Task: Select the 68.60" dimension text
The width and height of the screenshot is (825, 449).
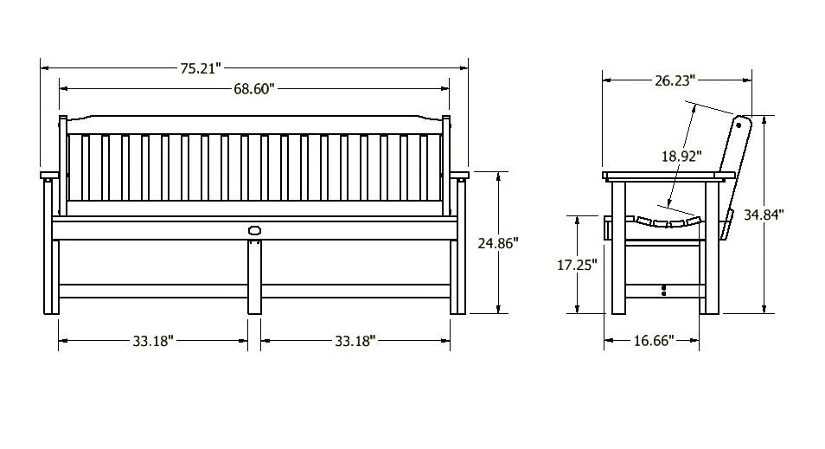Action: click(253, 89)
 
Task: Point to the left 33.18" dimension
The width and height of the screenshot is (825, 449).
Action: click(153, 341)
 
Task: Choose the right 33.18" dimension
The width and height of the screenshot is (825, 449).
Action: click(355, 341)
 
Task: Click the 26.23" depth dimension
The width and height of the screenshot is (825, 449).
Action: click(673, 80)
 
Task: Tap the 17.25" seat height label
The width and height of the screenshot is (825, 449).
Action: click(576, 266)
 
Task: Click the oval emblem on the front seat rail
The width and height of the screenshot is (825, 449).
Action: click(254, 230)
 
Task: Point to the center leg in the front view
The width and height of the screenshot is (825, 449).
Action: click(254, 277)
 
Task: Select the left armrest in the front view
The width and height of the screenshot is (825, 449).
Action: click(50, 176)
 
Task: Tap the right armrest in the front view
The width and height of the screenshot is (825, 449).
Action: click(458, 176)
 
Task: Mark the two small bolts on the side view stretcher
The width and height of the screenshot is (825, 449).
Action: click(663, 290)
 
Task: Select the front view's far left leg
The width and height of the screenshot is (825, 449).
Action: click(55, 277)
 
